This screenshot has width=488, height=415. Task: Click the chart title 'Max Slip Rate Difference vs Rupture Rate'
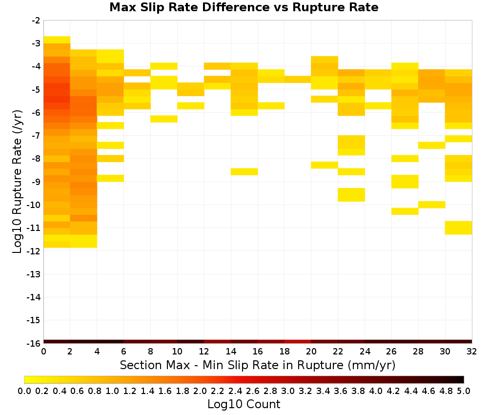[x=244, y=7]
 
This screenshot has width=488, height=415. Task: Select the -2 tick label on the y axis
[x=36, y=21]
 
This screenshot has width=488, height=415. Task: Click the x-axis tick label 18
[x=285, y=352]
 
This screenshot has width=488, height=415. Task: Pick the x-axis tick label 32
[x=472, y=352]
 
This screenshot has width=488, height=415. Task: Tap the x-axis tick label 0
[x=43, y=352]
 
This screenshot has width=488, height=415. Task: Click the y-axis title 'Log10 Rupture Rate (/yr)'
[x=17, y=182]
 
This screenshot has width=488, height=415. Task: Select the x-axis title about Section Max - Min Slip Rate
[x=258, y=365]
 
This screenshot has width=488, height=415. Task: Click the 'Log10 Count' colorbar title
[x=244, y=404]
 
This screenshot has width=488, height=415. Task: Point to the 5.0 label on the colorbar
[x=464, y=391]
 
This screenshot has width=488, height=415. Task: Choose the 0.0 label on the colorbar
[x=24, y=391]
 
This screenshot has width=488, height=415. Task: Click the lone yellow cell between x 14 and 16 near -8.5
[x=244, y=171]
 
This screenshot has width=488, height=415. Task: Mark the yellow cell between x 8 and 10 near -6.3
[x=164, y=119]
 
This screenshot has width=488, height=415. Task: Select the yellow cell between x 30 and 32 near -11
[x=458, y=228]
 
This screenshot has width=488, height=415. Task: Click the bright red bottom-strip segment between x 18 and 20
[x=298, y=342]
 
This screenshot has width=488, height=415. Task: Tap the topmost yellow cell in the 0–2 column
[x=57, y=40]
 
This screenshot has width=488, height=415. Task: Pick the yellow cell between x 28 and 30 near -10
[x=432, y=205]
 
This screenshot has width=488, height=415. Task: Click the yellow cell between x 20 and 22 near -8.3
[x=325, y=165]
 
